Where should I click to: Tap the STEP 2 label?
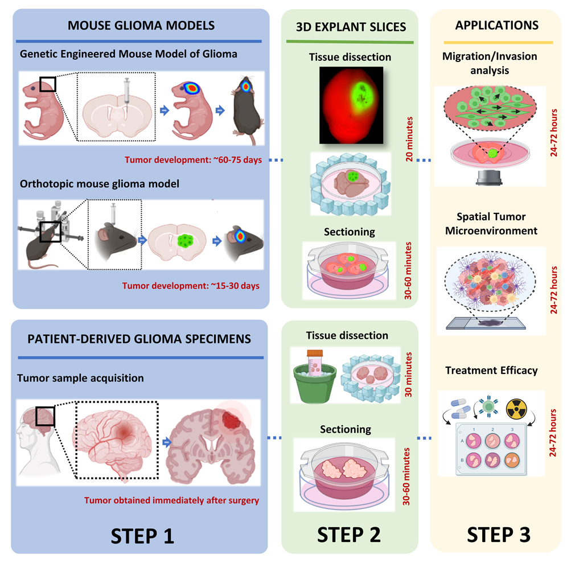348,535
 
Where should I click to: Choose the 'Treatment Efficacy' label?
490,371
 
